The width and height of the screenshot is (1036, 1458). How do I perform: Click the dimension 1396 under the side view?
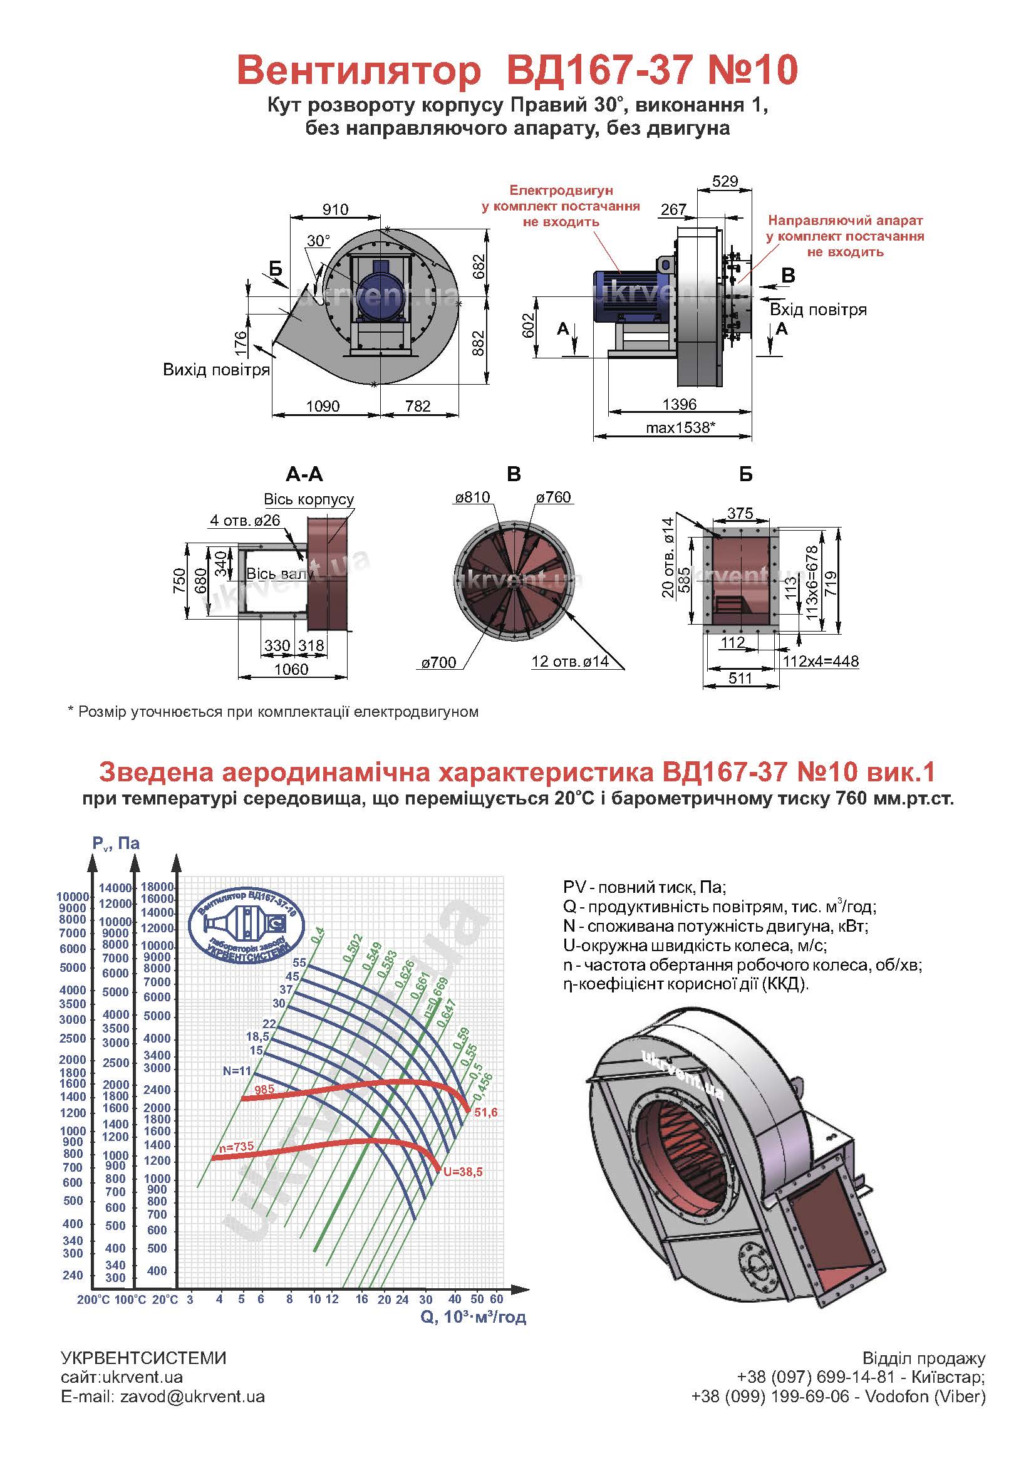pos(680,404)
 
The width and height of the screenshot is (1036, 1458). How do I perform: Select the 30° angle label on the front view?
pos(318,241)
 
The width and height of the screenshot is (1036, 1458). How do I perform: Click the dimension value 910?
pos(336,209)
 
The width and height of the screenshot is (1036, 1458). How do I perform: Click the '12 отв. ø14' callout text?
pos(569,662)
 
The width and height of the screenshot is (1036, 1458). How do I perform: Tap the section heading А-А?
pos(304,474)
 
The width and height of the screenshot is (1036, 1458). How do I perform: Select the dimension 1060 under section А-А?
pos(291,669)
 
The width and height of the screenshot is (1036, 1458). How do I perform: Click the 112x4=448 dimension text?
pos(821,661)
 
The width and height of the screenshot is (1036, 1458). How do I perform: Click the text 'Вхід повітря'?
pos(818,310)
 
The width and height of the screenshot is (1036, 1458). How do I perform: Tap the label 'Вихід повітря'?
pos(216,370)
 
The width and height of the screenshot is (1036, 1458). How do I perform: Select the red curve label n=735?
pos(236,1147)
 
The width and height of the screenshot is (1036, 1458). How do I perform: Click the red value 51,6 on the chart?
pos(485,1113)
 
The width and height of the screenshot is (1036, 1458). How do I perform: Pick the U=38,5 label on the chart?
pos(462,1172)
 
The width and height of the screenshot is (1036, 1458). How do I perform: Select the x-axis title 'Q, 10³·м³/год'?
pos(474,1317)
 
